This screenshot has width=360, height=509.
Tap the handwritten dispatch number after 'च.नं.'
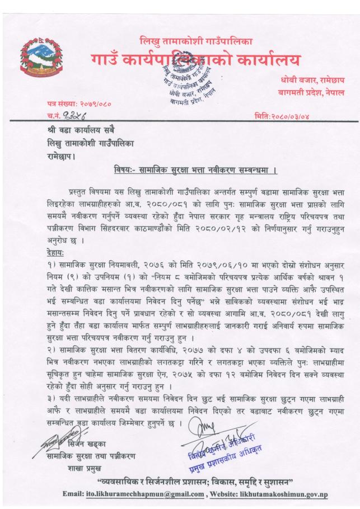69,115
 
